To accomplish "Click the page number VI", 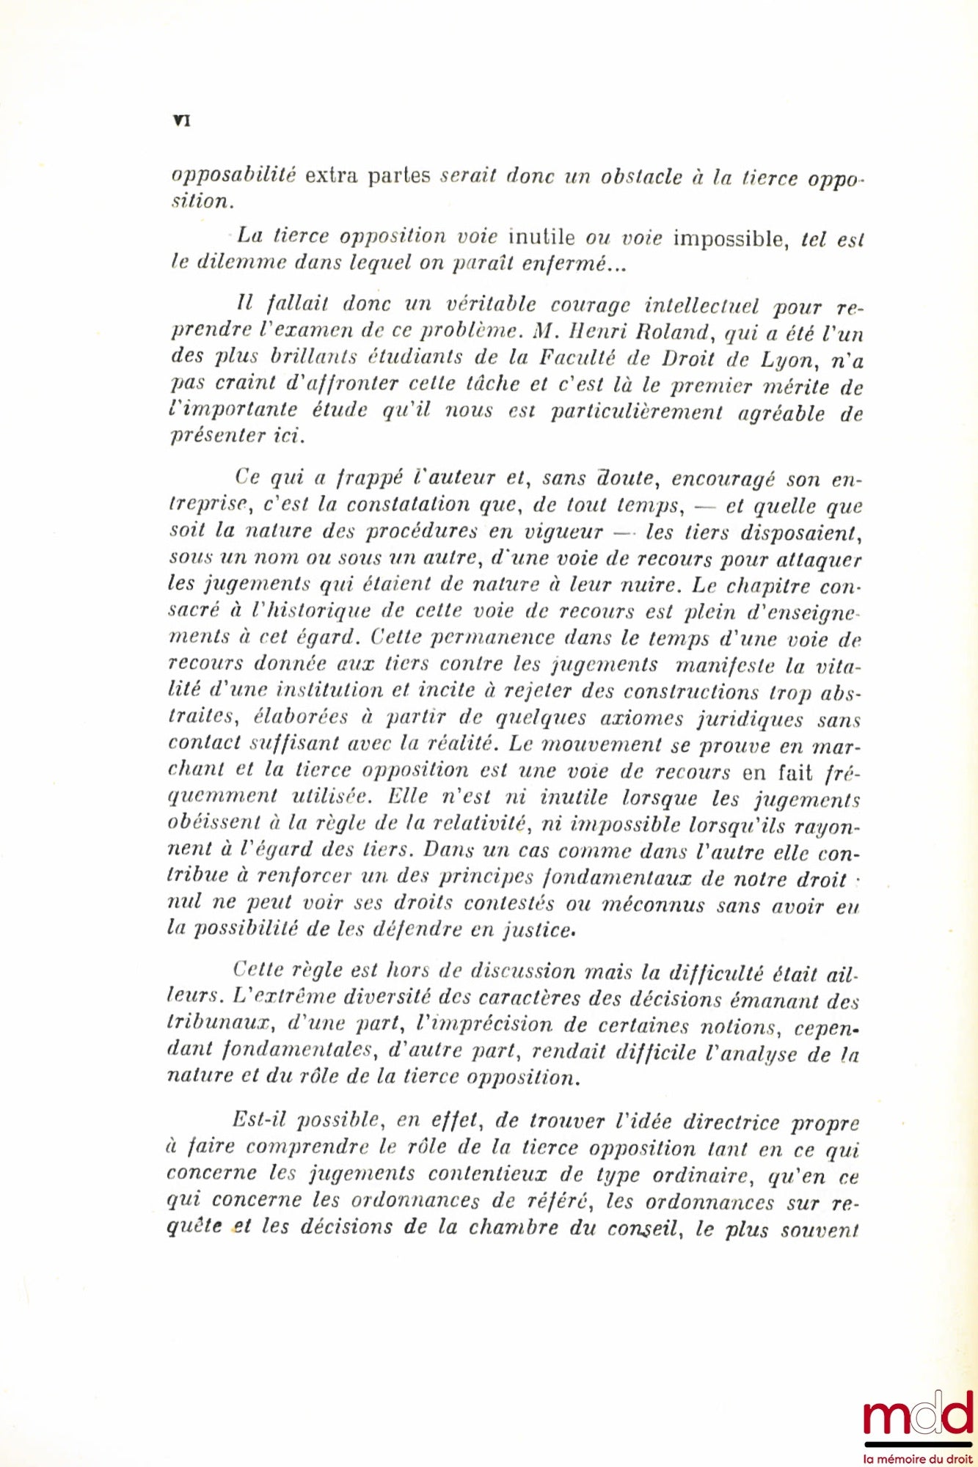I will (x=181, y=121).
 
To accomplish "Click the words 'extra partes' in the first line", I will (x=367, y=176).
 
